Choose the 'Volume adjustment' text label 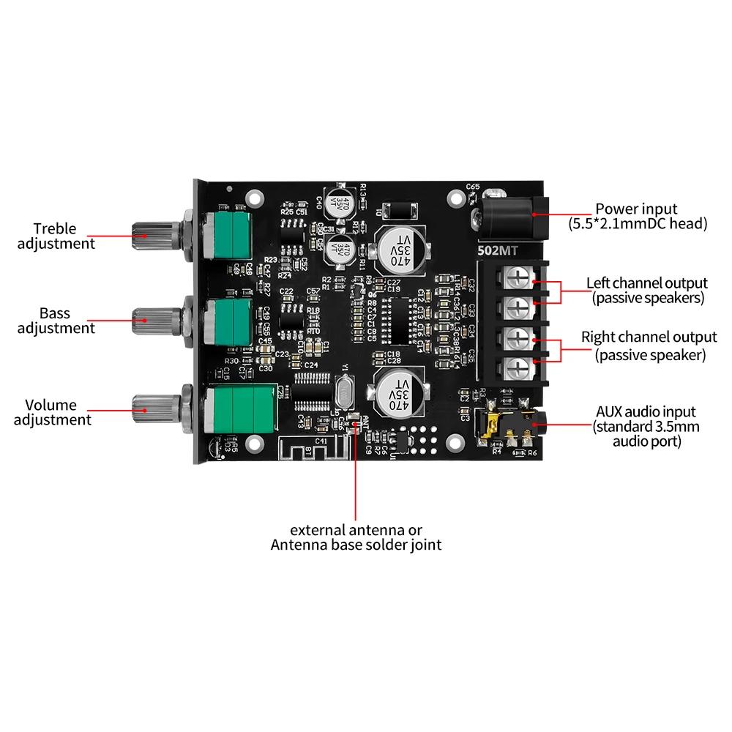pyautogui.click(x=53, y=412)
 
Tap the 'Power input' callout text pyautogui.click(x=636, y=216)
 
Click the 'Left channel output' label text pyautogui.click(x=647, y=290)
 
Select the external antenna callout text pyautogui.click(x=356, y=537)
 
